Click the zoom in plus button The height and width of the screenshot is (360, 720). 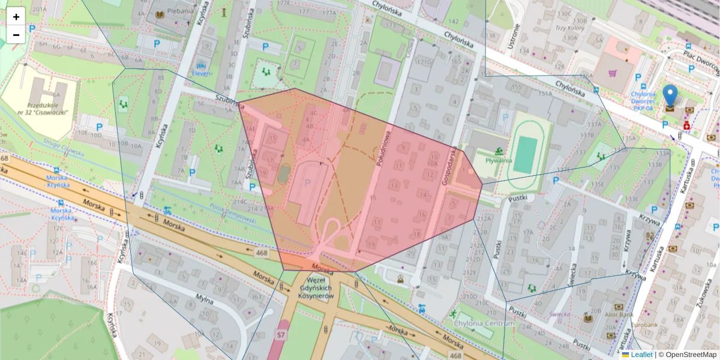(16, 17)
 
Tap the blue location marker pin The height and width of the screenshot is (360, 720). (670, 96)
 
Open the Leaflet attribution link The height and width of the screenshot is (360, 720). (640, 355)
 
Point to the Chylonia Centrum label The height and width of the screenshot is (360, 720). (476, 325)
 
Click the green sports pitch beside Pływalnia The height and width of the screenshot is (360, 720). (526, 154)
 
